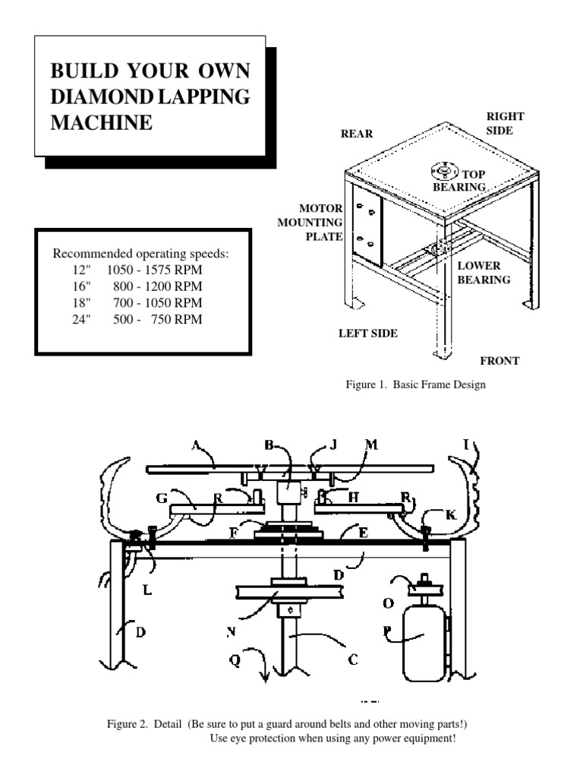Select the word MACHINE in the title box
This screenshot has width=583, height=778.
tap(101, 122)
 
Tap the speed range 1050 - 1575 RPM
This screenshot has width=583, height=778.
tap(157, 270)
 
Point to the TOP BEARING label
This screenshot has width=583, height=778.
tap(462, 180)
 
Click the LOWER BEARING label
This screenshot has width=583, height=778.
tap(483, 273)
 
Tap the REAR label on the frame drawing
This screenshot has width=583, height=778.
tap(357, 134)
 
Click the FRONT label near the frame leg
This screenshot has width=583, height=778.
tap(499, 361)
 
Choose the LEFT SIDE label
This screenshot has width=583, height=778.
tap(368, 333)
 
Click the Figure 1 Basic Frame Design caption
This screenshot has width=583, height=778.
tap(415, 384)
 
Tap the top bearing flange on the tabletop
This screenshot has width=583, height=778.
tap(441, 169)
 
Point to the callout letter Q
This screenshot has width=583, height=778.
tap(235, 659)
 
